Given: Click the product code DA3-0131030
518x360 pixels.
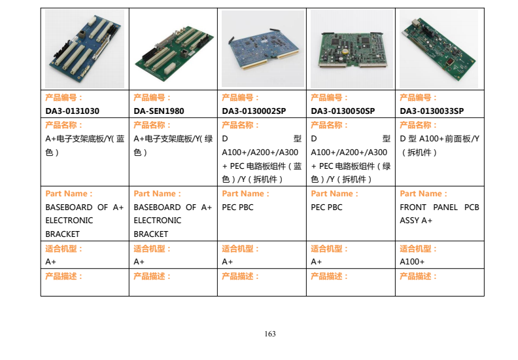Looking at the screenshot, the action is pos(72,111).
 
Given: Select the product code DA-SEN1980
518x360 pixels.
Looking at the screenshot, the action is pos(158,111).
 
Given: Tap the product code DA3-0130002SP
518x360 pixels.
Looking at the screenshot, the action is pos(254,111).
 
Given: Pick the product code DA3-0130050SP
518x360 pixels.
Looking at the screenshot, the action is pos(343,111).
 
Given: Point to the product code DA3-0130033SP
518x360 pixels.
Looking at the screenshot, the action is pos(432,111).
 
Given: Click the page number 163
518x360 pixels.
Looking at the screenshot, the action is pos(270,334).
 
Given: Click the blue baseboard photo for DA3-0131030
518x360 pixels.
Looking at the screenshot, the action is pos(84,48).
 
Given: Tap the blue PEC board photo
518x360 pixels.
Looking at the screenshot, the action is pos(263,48).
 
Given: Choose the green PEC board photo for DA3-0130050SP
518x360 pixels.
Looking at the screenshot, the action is pos(352,49).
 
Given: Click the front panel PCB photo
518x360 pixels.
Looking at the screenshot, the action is pos(439,49).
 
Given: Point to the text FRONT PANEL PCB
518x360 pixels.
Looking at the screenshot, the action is pos(440,207).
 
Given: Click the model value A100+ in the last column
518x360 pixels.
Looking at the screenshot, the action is pos(412,262).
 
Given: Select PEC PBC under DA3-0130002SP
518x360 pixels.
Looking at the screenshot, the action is pos(237,207).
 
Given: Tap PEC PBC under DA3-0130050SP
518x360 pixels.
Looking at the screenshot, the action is pos(326,207).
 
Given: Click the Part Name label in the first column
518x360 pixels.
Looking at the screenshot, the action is pos(69,194).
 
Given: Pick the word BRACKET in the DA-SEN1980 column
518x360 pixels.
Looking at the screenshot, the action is pos(150,234).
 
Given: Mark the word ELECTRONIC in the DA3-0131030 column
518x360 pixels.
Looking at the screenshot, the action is pos(69,221).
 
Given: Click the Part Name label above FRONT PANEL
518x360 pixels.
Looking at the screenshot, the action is pos(423,194).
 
